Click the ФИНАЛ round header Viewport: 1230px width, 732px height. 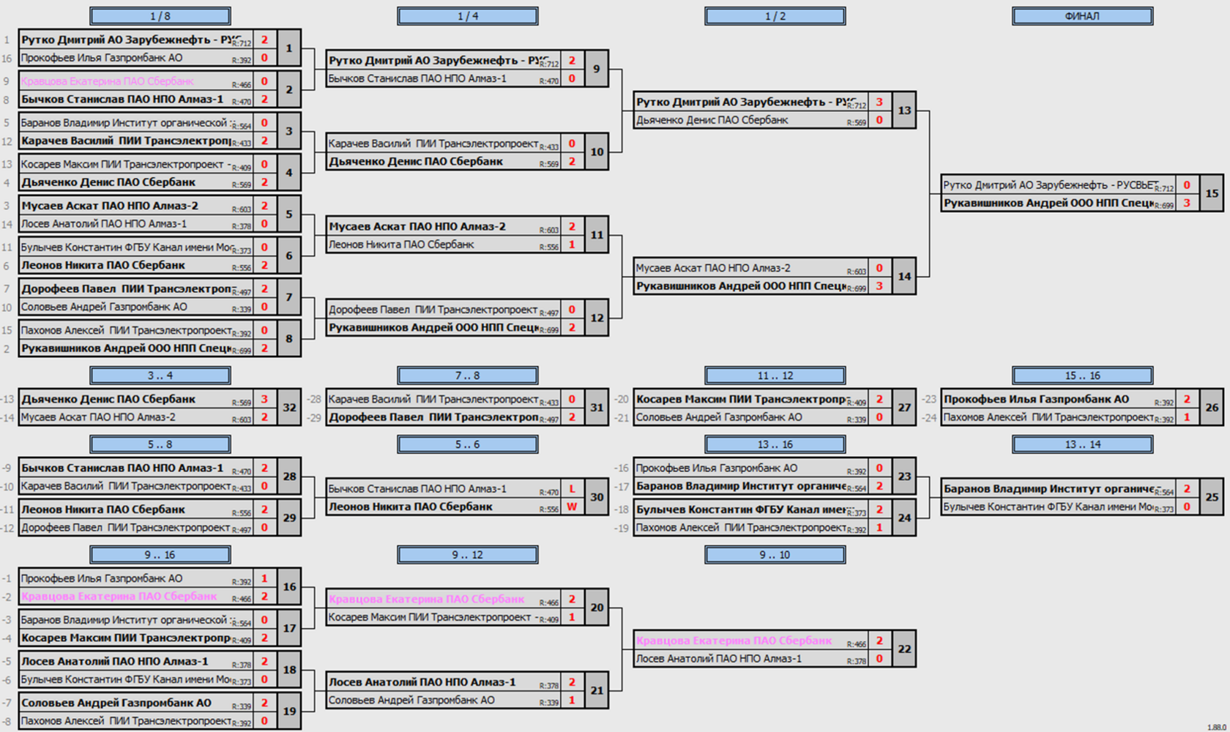[x=1082, y=16]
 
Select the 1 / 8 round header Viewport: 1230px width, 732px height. [x=160, y=16]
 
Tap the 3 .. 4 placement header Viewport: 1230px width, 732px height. [x=160, y=376]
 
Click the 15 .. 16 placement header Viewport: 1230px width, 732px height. [x=1082, y=376]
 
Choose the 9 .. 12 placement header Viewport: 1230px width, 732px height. [x=467, y=555]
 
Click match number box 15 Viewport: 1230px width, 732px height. [x=1212, y=193]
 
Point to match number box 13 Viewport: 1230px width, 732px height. [x=904, y=111]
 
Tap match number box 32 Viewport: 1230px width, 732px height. [x=289, y=408]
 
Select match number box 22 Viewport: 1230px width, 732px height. [x=904, y=649]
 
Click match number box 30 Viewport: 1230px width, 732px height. [x=597, y=497]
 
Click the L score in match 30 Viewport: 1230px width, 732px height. [x=572, y=489]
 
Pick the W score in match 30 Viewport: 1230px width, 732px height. [x=572, y=507]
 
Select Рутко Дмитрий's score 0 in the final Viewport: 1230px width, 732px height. [x=1187, y=185]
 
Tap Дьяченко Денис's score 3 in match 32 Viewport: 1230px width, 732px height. [x=264, y=400]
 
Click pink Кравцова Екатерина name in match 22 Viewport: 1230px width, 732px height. [x=734, y=640]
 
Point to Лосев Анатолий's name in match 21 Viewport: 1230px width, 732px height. [x=422, y=682]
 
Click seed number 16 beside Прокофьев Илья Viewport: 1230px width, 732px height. [x=7, y=59]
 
